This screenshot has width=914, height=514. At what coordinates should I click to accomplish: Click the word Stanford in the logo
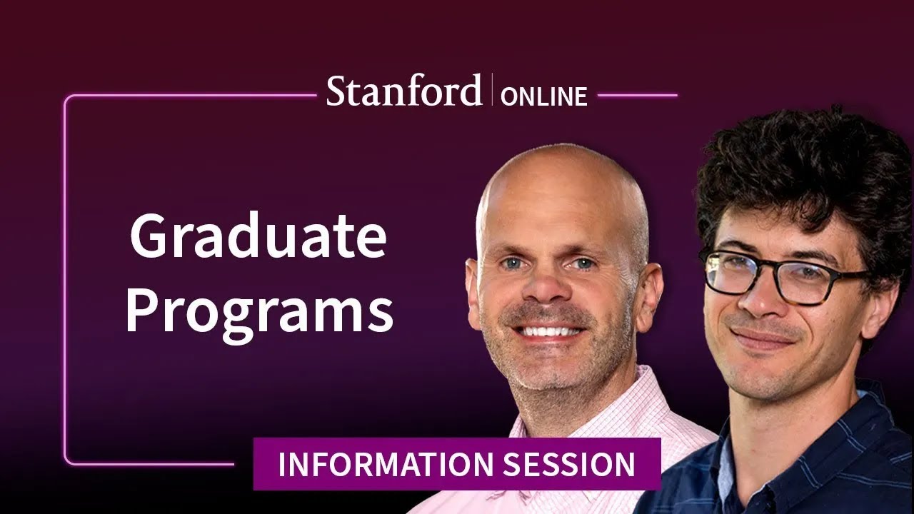[x=403, y=91]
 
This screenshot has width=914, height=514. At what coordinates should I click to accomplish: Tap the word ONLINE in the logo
[x=543, y=96]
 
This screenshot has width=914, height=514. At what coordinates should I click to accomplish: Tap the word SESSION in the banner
[x=569, y=465]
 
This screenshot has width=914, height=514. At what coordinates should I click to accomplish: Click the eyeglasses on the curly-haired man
[x=785, y=275]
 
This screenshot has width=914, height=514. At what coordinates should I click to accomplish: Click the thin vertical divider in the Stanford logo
[x=492, y=90]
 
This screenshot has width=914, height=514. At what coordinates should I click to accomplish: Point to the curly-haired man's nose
[x=757, y=300]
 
